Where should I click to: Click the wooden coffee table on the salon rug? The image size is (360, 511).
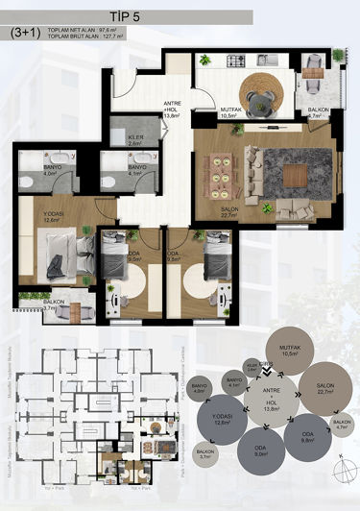pos(295,176)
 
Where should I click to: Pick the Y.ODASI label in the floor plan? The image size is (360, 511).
pos(52,215)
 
